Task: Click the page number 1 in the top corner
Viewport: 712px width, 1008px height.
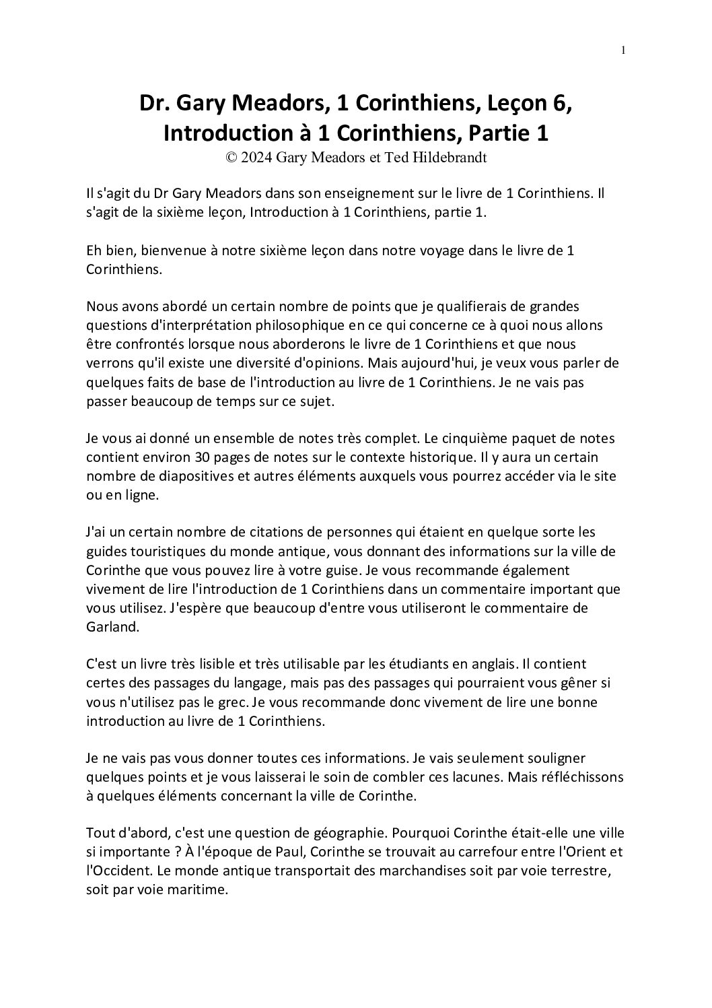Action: [623, 50]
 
